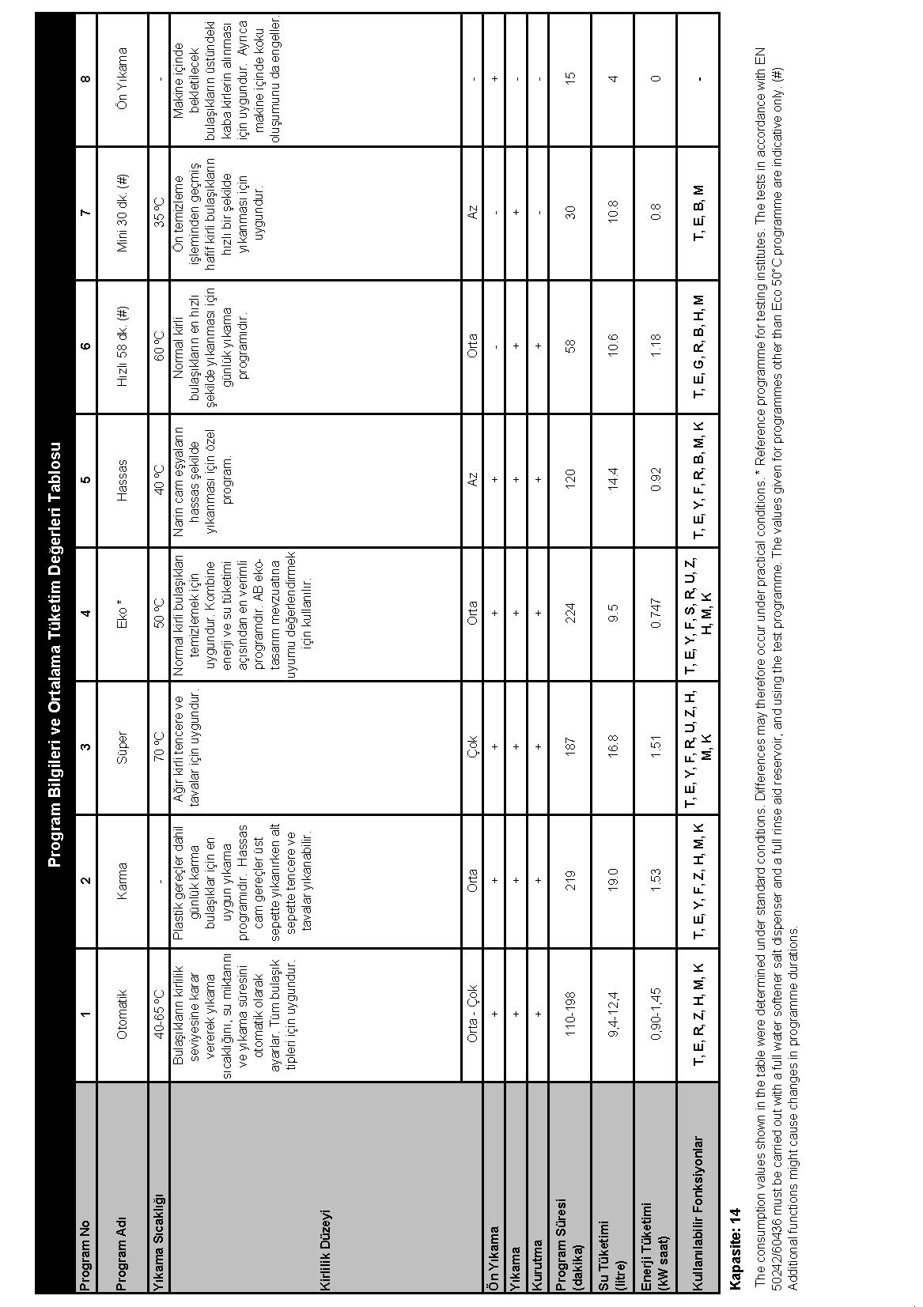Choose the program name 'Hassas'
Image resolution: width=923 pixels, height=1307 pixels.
point(122,479)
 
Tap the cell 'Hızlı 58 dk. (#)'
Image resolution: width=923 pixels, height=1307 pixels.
point(122,346)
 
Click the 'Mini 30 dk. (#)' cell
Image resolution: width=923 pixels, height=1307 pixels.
point(122,213)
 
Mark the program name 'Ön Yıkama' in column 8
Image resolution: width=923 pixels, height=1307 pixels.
point(122,79)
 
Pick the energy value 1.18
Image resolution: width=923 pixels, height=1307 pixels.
point(656,346)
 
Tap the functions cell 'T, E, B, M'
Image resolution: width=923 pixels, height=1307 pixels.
point(698,213)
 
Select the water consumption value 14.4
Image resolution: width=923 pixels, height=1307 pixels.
point(614,479)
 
